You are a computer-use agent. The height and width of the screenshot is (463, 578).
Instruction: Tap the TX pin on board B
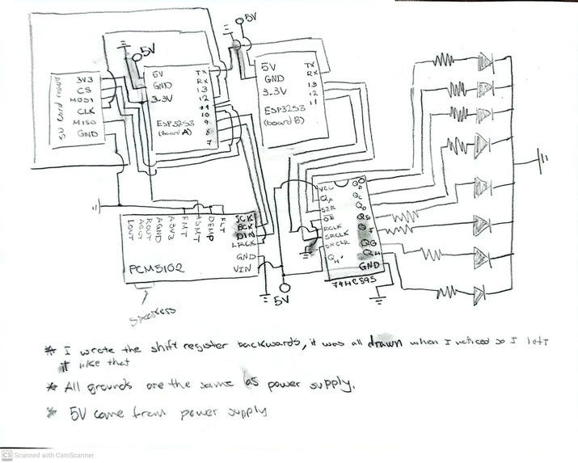click(309, 65)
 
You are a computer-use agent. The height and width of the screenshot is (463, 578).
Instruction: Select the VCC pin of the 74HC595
click(328, 187)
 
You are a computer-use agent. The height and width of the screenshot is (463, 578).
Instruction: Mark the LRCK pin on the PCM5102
click(243, 243)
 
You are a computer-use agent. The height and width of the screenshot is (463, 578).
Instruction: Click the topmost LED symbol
click(486, 61)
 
